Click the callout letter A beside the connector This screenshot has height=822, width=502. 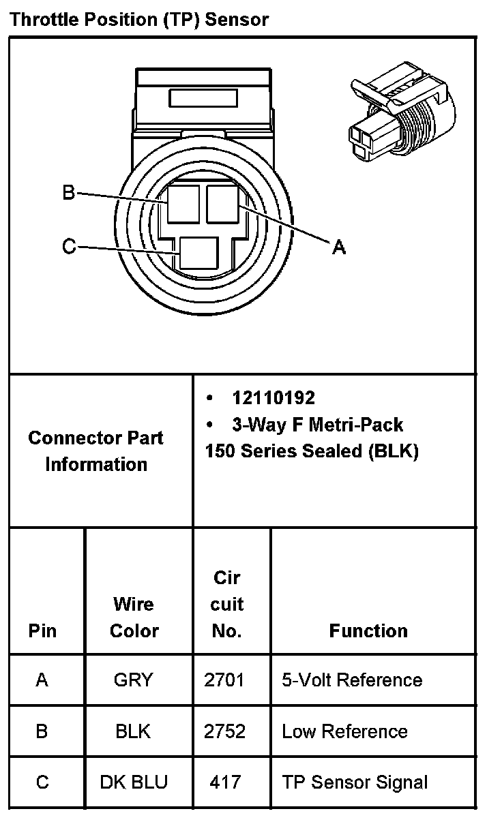point(338,247)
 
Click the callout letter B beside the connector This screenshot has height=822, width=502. point(68,193)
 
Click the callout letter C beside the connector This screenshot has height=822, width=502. point(68,246)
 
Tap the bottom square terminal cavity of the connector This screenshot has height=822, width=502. point(199,252)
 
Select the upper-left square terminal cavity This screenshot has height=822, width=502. point(183,204)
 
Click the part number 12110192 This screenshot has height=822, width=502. point(273,398)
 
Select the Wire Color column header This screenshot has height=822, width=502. point(134,617)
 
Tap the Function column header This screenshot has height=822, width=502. point(368,630)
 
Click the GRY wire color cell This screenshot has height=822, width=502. point(134,680)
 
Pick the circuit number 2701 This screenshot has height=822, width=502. point(224,680)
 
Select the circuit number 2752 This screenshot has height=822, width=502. point(224,731)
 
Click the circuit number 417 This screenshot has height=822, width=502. point(225,782)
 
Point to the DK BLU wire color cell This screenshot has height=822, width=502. point(134,782)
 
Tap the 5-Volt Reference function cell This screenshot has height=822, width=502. point(352,680)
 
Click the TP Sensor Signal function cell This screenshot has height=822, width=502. point(355,782)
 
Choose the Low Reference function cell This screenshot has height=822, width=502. point(344,731)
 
